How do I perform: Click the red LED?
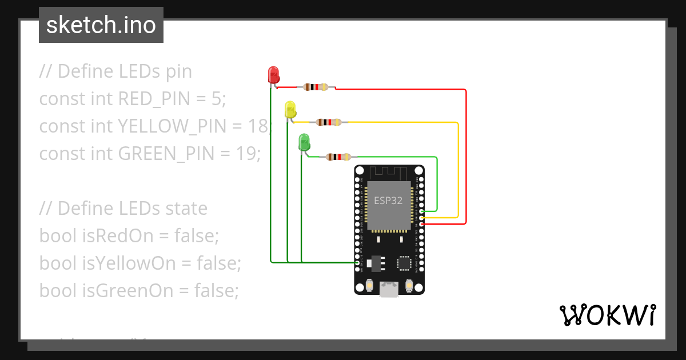pyautogui.click(x=273, y=74)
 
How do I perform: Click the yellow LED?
pyautogui.click(x=290, y=109)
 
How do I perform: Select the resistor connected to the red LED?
pyautogui.click(x=316, y=87)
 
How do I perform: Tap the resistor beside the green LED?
pyautogui.click(x=338, y=157)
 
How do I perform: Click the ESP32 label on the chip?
pyautogui.click(x=388, y=201)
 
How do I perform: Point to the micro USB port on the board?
pyautogui.click(x=389, y=290)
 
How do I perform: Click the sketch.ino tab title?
pyautogui.click(x=101, y=25)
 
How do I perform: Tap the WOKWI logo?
pyautogui.click(x=607, y=315)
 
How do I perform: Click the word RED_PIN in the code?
pyautogui.click(x=153, y=99)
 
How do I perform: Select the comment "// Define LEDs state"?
pyautogui.click(x=123, y=208)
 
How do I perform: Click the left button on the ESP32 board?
pyautogui.click(x=369, y=284)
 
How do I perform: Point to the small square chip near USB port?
pyautogui.click(x=404, y=262)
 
